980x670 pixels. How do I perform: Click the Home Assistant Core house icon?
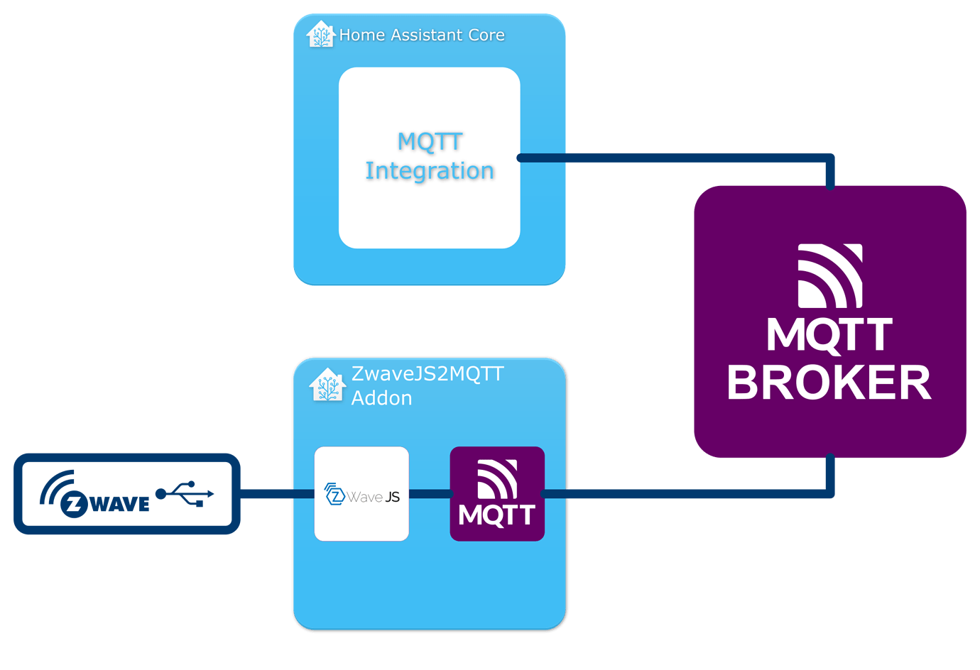(320, 34)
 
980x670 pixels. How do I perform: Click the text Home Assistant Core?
(422, 35)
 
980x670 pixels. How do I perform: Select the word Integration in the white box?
(430, 171)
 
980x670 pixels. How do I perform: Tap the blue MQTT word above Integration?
(430, 141)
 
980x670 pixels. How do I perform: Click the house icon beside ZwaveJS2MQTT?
(327, 385)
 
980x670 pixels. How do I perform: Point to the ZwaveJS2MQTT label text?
(428, 373)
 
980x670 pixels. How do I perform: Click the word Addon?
(381, 398)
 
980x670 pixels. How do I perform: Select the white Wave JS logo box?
(361, 494)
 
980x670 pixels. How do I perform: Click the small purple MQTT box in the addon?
(497, 494)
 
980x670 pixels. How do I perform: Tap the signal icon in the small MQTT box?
(497, 479)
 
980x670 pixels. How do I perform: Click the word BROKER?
(829, 383)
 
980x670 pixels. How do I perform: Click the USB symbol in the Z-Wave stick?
(185, 493)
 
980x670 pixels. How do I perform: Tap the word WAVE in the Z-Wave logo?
(121, 504)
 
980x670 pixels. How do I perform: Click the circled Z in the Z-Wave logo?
(74, 504)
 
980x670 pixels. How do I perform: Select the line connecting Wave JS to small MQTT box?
(430, 494)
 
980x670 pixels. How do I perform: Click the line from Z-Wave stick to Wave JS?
(277, 494)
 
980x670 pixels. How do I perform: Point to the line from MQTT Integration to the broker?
(675, 158)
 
